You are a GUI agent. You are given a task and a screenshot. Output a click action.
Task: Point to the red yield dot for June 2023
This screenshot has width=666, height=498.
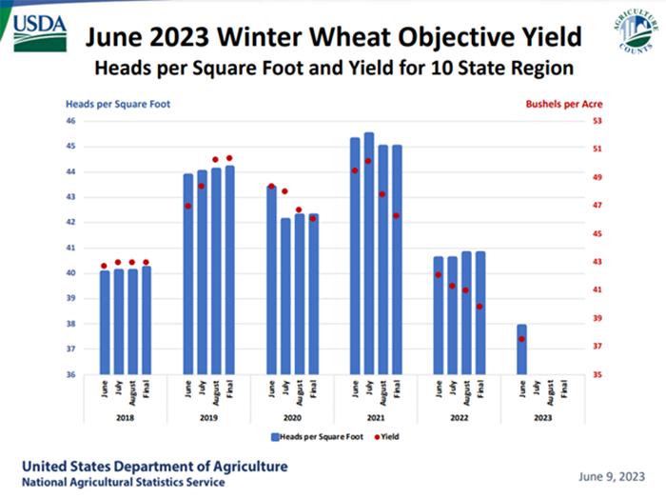521,339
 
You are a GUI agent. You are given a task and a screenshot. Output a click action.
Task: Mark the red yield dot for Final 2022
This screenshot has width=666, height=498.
480,307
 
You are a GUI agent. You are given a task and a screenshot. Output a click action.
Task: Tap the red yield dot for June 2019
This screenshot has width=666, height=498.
188,206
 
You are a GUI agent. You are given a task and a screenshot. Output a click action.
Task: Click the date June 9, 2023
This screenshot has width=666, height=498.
610,474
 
